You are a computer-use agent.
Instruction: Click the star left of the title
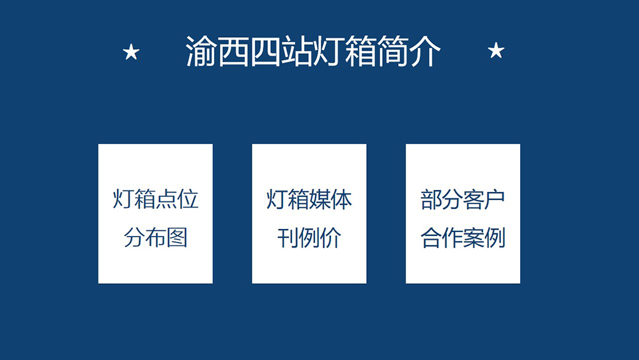point(131,52)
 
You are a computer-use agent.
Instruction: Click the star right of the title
point(496,51)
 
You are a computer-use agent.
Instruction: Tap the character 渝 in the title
point(201,52)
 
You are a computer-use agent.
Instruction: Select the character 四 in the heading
point(265,52)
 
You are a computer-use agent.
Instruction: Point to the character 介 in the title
point(425,52)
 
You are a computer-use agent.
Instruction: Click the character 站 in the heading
point(296,52)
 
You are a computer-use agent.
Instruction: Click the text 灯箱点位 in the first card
point(155,200)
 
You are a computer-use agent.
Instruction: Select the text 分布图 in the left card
point(155,238)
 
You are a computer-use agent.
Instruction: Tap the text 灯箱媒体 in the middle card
point(309,200)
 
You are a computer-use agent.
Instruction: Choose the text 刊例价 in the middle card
point(309,238)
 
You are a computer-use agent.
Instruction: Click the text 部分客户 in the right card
point(463,200)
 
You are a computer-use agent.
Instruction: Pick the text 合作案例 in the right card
point(463,238)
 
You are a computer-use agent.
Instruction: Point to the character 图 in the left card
point(177,238)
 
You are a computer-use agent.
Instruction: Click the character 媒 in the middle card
point(319,200)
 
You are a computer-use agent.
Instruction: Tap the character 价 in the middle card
point(330,238)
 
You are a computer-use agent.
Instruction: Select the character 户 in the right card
point(495,200)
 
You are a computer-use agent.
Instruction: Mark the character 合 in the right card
point(430,238)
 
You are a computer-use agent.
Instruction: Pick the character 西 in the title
point(233,52)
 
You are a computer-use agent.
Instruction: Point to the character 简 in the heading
point(392,52)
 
